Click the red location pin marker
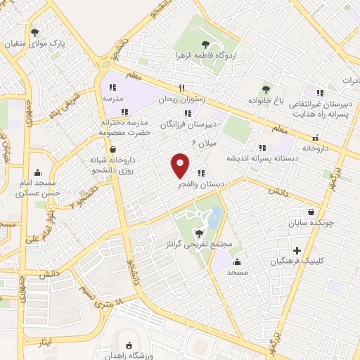coord(180,165)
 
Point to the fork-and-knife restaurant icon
coord(181,89)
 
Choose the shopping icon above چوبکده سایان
coord(311,212)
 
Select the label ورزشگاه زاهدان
coord(129,356)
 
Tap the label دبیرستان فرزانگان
coord(187,124)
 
